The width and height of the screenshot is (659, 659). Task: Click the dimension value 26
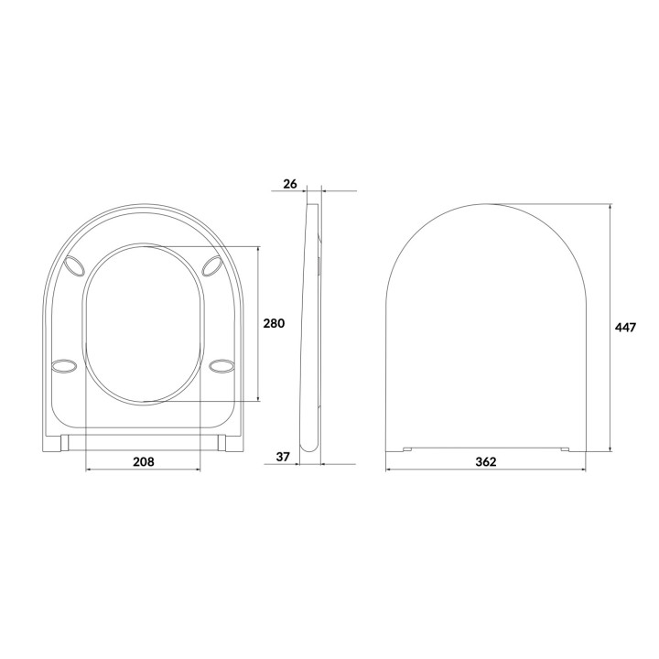click(290, 184)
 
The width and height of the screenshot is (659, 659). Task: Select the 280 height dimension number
click(275, 323)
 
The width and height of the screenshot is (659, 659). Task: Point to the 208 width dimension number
click(142, 461)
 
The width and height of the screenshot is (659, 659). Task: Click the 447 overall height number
click(625, 327)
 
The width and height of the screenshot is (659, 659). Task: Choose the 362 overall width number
click(486, 461)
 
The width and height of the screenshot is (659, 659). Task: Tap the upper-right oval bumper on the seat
click(211, 265)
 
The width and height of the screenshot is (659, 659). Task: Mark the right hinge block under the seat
click(221, 443)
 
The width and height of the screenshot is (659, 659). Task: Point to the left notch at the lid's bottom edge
click(406, 448)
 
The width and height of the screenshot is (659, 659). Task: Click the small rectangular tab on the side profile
click(319, 265)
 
